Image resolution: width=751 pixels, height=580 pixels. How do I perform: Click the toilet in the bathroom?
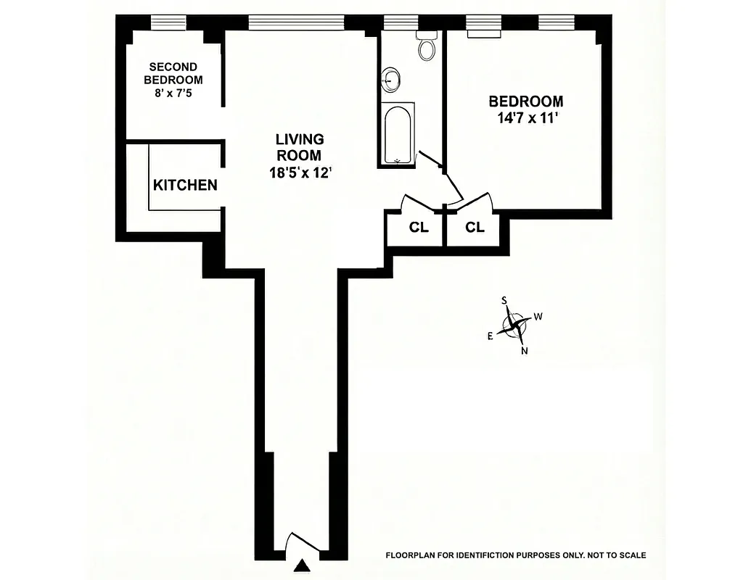427,49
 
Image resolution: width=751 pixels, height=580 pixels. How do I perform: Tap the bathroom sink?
393,78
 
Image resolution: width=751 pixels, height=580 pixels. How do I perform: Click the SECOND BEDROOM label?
173,73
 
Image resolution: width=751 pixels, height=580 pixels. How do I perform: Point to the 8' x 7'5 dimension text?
173,93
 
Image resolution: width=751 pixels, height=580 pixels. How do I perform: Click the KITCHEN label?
185,186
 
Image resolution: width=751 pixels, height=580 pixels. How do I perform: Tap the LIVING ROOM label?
299,146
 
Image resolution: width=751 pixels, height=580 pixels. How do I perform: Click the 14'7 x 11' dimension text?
526,119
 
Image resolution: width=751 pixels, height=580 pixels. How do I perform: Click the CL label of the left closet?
419,228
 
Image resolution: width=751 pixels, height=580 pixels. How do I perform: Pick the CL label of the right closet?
475,228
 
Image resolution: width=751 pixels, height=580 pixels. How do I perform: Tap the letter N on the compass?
524,351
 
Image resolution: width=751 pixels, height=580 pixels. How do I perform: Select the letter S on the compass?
504,299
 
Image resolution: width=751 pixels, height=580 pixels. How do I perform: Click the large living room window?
296,22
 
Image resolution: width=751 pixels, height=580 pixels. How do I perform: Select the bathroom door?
432,160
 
